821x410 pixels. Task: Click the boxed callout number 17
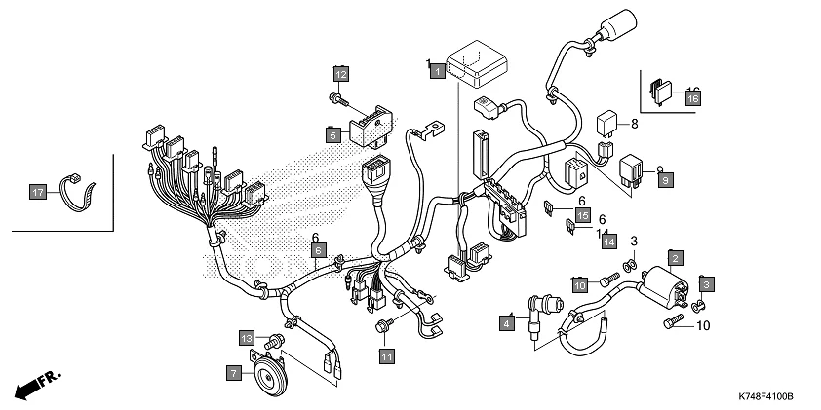tap(37, 194)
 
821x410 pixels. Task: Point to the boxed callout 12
tap(341, 74)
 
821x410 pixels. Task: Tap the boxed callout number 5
tap(333, 135)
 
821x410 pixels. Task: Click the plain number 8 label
tap(634, 124)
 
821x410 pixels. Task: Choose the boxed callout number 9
tap(665, 180)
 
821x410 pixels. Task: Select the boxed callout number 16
tap(692, 98)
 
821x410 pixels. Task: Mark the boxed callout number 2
tap(675, 258)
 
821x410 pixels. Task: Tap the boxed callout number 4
tap(507, 321)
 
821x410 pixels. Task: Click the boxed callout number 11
tap(386, 356)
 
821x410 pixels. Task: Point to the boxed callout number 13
tap(248, 337)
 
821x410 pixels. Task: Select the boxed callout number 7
tap(234, 372)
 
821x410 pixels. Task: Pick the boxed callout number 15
tap(582, 215)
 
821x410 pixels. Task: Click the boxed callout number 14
tap(609, 240)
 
